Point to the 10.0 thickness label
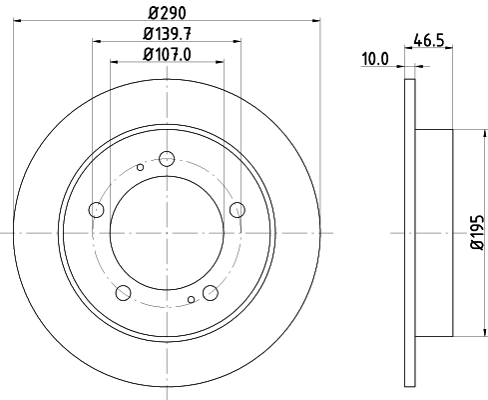pyautogui.click(x=374, y=59)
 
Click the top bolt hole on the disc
pyautogui.click(x=167, y=157)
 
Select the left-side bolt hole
pyautogui.click(x=97, y=209)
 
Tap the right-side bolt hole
pyautogui.click(x=237, y=209)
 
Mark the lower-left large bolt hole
pyautogui.click(x=124, y=292)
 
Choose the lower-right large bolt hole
pyautogui.click(x=210, y=292)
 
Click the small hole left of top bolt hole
pyautogui.click(x=142, y=167)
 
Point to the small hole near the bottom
pyautogui.click(x=192, y=299)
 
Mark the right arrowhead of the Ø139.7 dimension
pyautogui.click(x=238, y=41)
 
